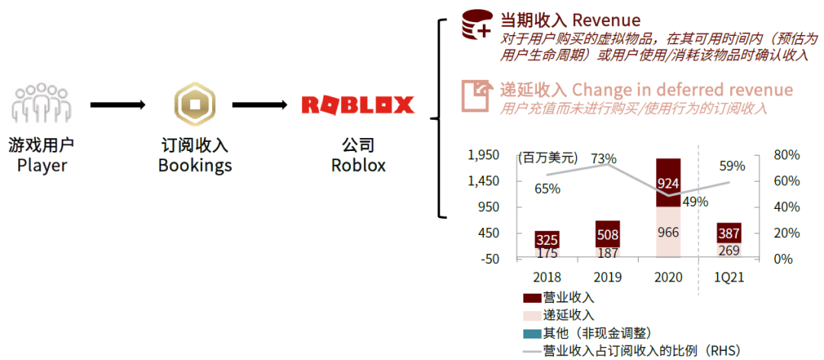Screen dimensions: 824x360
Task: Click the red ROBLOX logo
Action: (357, 105)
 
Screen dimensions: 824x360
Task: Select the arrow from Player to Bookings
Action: (117, 105)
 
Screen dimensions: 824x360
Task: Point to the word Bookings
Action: (195, 165)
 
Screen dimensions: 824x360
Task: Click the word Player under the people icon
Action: (42, 165)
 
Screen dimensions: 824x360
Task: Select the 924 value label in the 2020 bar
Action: (668, 184)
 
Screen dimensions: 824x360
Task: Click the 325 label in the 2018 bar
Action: (546, 239)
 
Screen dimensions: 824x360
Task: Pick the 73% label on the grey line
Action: (603, 159)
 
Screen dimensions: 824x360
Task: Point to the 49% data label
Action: (695, 201)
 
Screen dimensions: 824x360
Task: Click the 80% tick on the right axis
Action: (786, 155)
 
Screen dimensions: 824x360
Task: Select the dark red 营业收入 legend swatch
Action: (531, 297)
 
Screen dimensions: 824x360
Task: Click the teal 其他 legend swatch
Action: (531, 333)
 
